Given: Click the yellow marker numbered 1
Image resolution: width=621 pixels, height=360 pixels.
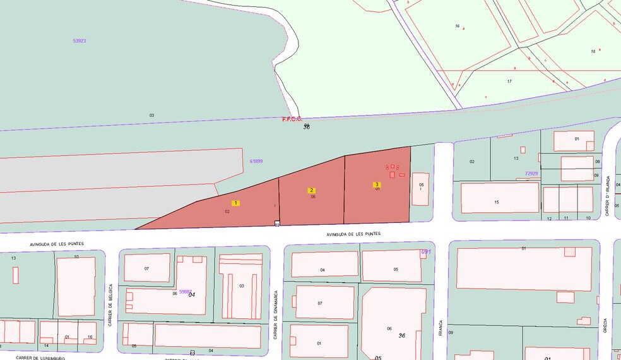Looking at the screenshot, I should point(236,203).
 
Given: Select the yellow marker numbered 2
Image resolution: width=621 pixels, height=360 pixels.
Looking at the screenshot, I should point(311,190).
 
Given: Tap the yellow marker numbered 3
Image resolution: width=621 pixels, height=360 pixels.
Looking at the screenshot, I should point(377,184).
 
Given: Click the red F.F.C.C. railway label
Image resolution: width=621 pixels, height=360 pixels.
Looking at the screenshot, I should point(292,119).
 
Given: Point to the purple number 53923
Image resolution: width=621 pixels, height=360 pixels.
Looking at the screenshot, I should point(79,40).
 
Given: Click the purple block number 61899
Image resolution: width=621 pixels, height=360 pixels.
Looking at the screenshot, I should point(256,161).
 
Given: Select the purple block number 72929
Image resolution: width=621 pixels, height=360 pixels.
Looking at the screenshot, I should point(531,173).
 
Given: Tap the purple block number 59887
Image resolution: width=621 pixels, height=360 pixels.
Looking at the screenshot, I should point(185,291).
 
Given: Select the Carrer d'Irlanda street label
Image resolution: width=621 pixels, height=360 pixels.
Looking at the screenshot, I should point(608,196).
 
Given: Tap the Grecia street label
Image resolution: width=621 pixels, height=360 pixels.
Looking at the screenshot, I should point(605,325).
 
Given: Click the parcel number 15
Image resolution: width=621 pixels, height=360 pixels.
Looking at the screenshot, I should point(497,202).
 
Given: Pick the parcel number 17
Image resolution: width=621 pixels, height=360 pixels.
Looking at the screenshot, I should point(509,81).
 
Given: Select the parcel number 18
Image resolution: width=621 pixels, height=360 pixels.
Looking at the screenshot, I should point(593,51).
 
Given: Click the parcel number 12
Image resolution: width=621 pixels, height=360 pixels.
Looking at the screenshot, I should point(549,219).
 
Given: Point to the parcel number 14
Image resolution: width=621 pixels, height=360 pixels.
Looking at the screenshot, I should point(46,345).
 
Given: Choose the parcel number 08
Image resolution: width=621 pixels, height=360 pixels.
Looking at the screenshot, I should point(597,162).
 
